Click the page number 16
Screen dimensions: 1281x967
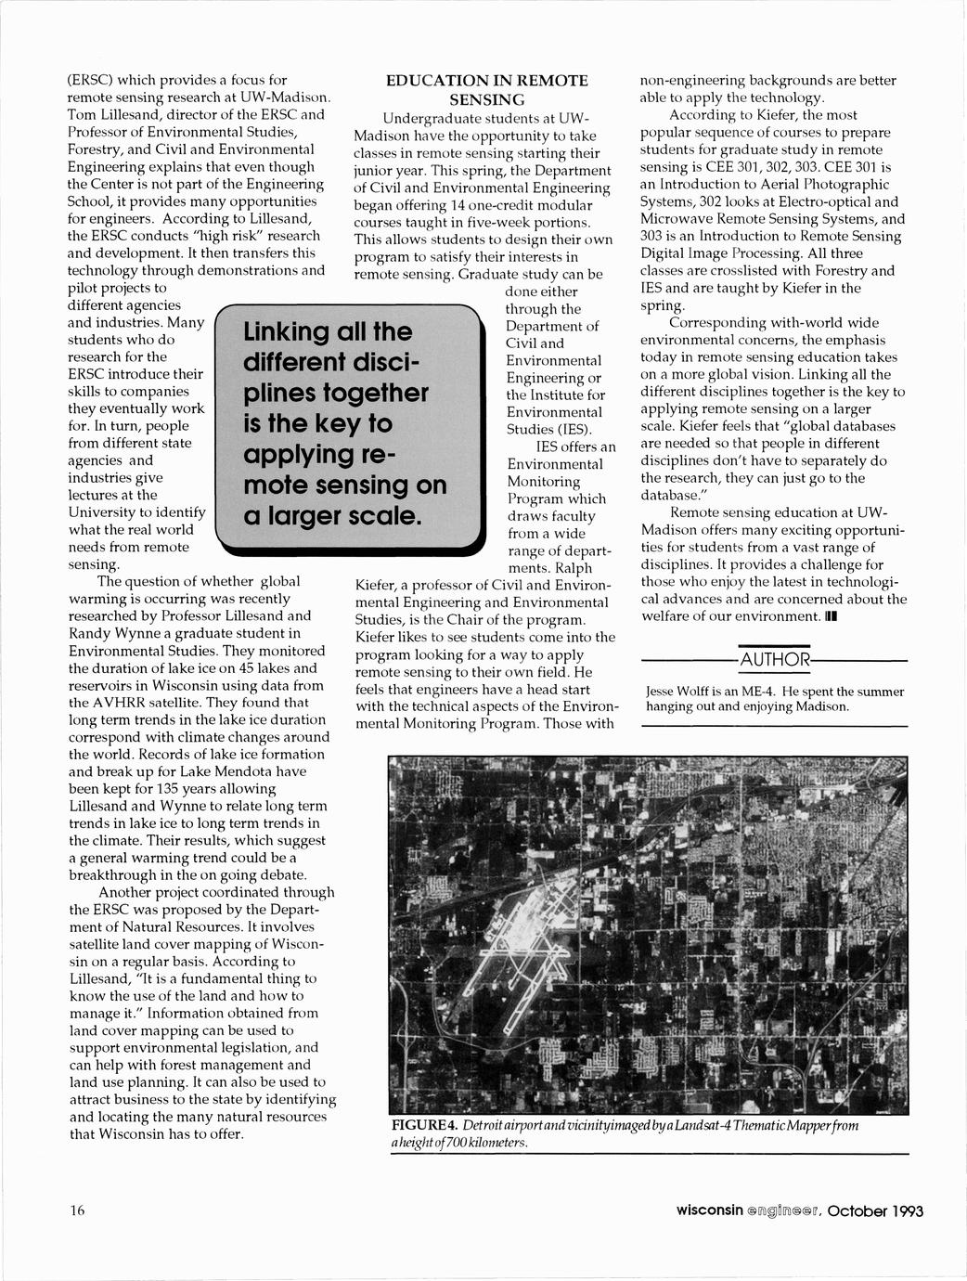click(77, 1210)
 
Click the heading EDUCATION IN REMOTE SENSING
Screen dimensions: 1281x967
click(486, 90)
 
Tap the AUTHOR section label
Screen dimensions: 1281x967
click(774, 660)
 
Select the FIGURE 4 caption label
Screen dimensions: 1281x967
click(424, 1126)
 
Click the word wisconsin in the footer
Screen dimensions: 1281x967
click(709, 1210)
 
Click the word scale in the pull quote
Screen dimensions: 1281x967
click(376, 515)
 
